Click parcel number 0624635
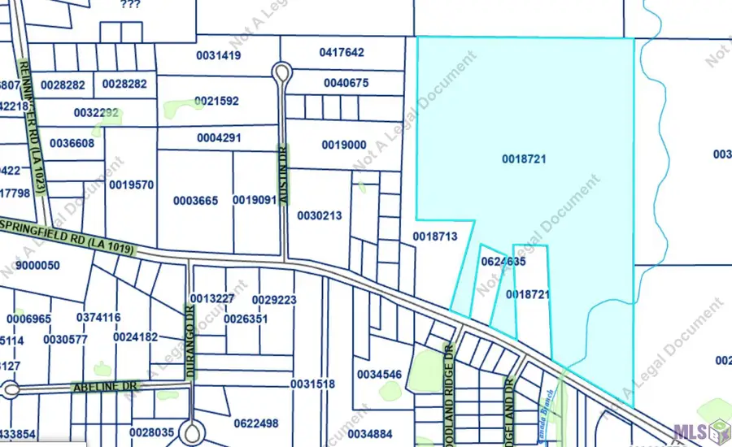tap(503, 262)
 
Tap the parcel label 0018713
tap(435, 236)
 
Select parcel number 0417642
tap(342, 53)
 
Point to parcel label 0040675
tap(346, 83)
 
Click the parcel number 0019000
tap(344, 145)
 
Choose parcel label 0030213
tap(320, 215)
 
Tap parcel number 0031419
tap(219, 55)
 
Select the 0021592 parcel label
tap(217, 101)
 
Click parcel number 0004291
tap(219, 138)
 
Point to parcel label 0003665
tap(196, 200)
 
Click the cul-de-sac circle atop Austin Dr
tap(282, 73)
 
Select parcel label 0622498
tap(256, 423)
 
